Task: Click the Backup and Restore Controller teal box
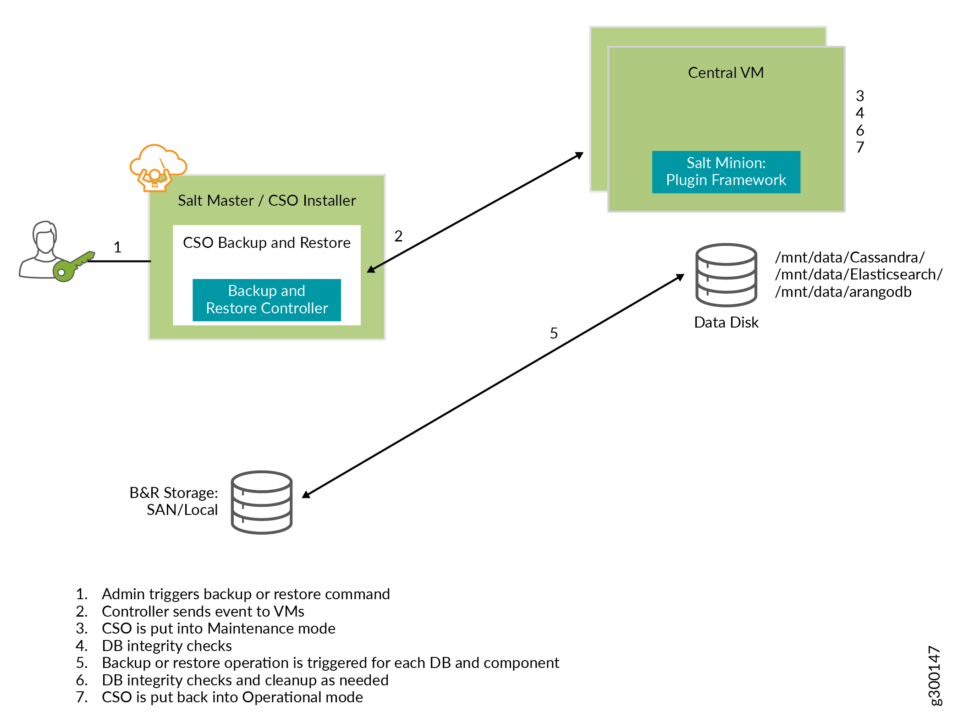tap(266, 300)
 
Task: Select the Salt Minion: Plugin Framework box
tap(726, 172)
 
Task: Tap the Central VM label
tap(726, 73)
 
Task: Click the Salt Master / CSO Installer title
tap(266, 201)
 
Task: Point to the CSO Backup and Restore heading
tap(266, 243)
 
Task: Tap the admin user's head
tap(45, 236)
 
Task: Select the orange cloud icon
tap(158, 160)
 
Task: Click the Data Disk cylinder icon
tap(726, 274)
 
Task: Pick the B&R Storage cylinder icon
tap(261, 502)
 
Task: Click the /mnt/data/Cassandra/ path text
tap(849, 257)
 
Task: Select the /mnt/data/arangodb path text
tap(843, 292)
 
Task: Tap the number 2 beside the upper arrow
tap(398, 236)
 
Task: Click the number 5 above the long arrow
tap(554, 333)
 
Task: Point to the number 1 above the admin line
tap(117, 247)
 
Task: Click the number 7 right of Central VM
tap(860, 148)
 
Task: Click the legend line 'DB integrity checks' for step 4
tap(167, 646)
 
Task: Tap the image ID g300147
tap(934, 676)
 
